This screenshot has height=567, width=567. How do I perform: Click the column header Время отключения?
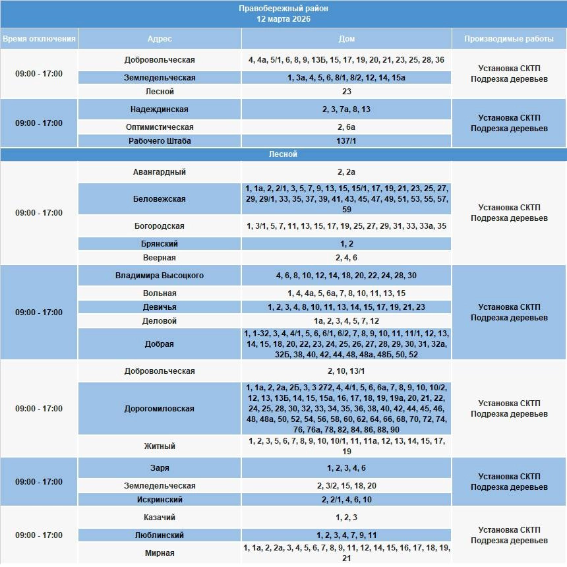click(x=39, y=39)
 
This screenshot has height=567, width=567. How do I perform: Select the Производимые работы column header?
click(x=509, y=39)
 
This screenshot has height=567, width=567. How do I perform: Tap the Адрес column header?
click(x=160, y=39)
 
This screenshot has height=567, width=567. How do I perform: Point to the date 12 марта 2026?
click(x=283, y=19)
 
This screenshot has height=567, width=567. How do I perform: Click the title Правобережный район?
click(x=283, y=9)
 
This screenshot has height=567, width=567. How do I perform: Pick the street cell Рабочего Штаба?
click(x=160, y=140)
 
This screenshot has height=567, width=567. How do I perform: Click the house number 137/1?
click(x=347, y=140)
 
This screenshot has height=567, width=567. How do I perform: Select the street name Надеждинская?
click(x=160, y=109)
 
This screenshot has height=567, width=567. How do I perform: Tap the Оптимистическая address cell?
click(x=160, y=127)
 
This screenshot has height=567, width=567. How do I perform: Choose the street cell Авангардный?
click(x=160, y=172)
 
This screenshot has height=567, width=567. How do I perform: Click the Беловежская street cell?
click(x=160, y=199)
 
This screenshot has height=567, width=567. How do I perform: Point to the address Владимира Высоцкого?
click(x=160, y=276)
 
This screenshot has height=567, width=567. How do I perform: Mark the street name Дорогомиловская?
click(x=160, y=409)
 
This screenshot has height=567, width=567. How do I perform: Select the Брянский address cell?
click(x=160, y=244)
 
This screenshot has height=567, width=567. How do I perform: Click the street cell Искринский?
click(x=160, y=500)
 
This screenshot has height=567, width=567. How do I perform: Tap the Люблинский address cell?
click(x=160, y=535)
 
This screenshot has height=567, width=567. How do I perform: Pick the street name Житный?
click(x=160, y=446)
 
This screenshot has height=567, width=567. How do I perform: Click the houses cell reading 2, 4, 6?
click(x=347, y=258)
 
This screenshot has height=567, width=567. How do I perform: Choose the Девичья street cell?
click(x=160, y=307)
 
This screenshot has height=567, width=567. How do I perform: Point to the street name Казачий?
click(x=160, y=518)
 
